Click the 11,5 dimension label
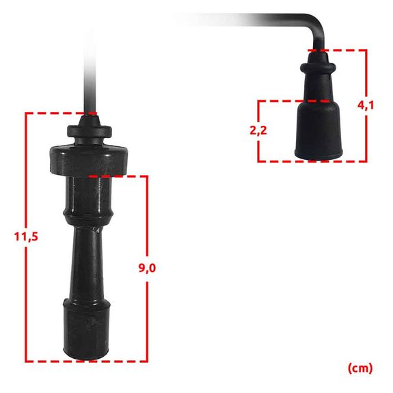click(x=26, y=236)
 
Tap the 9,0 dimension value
click(x=147, y=268)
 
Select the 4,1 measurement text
click(x=365, y=105)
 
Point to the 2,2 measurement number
click(x=258, y=131)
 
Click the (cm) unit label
click(x=360, y=368)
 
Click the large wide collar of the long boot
click(x=89, y=160)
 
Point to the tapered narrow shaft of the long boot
click(x=87, y=262)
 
